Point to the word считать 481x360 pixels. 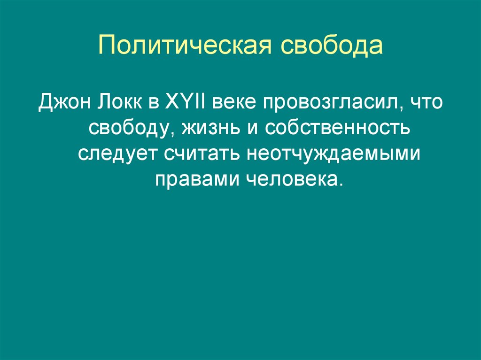pyautogui.click(x=203, y=153)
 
